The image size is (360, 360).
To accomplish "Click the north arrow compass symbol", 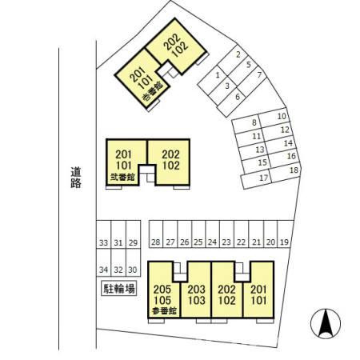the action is tap(326, 324).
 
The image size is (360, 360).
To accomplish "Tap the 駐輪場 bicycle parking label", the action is tap(119, 288).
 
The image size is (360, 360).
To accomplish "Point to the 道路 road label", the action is tap(76, 178).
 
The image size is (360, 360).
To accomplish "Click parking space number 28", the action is tap(156, 234).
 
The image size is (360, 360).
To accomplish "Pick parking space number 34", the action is tap(103, 262).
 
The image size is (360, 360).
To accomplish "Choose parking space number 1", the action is tap(214, 79).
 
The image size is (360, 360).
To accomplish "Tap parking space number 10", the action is tap(274, 118).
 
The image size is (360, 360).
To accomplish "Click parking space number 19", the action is tap(284, 234).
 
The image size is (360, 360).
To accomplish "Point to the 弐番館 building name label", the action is tap(122, 177).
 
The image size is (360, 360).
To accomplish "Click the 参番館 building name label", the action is tap(165, 310).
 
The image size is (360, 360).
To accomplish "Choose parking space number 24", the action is tap(213, 234).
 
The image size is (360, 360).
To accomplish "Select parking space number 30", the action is tap(133, 262).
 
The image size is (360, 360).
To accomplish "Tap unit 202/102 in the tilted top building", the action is tap(176, 46).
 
